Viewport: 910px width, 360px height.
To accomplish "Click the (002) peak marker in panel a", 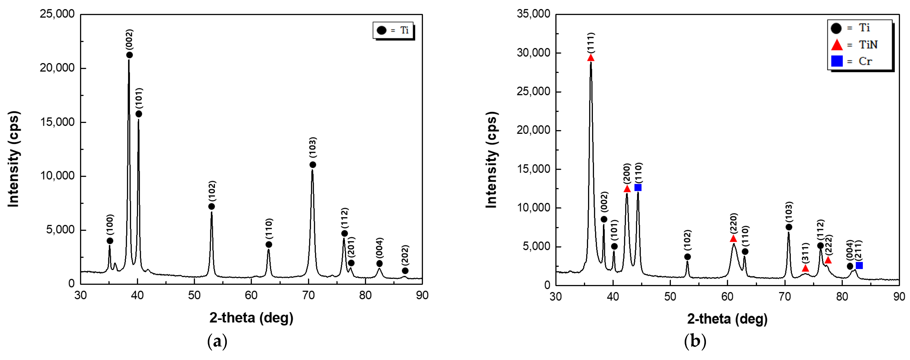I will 129,55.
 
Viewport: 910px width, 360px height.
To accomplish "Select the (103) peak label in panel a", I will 313,147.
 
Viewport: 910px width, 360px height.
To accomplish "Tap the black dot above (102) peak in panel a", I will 211,206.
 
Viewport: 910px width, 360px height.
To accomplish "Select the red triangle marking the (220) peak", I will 733,238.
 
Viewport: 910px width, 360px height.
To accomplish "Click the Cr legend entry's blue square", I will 837,61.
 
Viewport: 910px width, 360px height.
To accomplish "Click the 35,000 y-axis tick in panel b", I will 533,14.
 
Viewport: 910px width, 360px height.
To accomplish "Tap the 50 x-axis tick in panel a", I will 194,295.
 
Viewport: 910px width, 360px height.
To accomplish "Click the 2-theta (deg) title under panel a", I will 251,318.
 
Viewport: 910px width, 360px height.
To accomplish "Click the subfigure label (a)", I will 217,342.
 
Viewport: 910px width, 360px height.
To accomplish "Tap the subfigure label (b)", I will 695,342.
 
